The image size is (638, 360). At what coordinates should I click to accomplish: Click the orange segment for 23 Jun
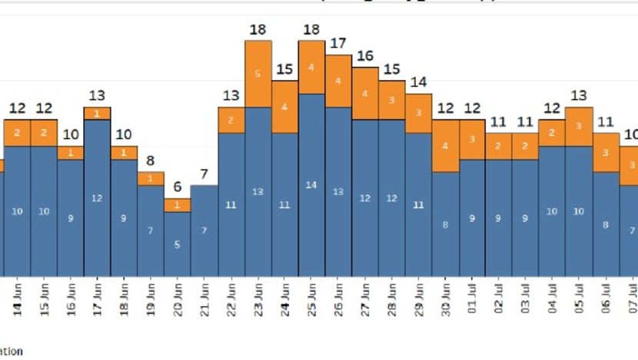coord(258,74)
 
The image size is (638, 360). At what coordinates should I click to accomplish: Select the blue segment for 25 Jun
coord(311,185)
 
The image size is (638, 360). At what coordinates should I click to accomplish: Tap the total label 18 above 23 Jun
coord(258,30)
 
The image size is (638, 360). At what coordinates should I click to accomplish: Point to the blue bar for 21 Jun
coord(205,230)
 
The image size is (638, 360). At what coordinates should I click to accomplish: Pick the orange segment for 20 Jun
coord(178,205)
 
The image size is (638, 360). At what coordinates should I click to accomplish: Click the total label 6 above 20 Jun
coord(178,187)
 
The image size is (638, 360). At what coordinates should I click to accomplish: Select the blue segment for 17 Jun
coord(98,198)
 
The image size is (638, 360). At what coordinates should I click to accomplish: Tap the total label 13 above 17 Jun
coord(98,95)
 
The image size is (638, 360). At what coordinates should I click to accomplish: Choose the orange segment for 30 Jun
coord(446,145)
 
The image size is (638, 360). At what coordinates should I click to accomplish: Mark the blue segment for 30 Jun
coord(446,224)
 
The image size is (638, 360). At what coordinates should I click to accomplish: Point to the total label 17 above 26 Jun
coord(338,44)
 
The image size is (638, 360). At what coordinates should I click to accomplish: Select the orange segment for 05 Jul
coord(579,126)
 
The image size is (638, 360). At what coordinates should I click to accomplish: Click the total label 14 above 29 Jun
coord(419,82)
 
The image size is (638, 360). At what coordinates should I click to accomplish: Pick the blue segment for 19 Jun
coord(151,230)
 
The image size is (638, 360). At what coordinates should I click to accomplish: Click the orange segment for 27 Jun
coord(365,93)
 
